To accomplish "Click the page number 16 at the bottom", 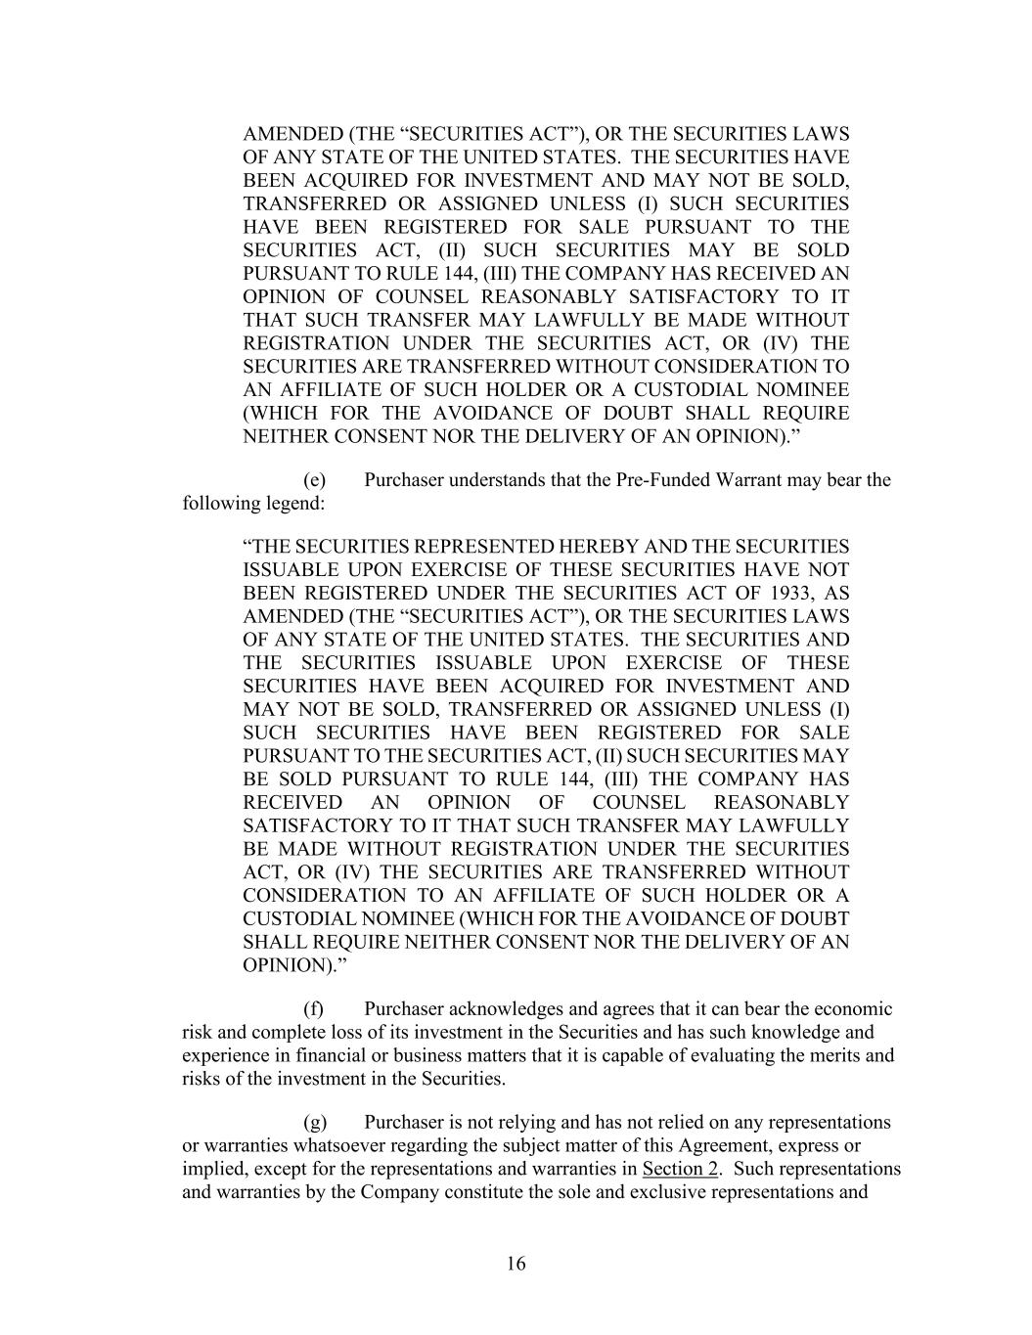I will point(516,1264).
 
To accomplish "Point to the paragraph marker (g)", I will point(315,1122).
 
